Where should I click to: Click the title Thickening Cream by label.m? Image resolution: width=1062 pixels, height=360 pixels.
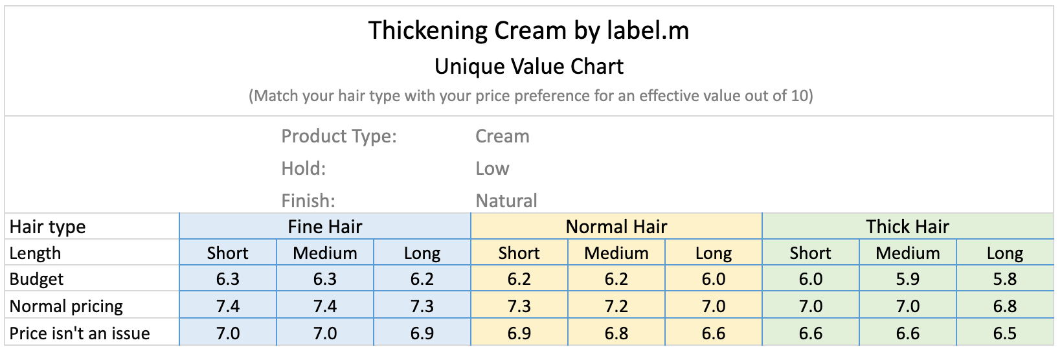[528, 31]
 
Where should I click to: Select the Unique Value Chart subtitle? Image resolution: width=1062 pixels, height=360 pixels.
[528, 67]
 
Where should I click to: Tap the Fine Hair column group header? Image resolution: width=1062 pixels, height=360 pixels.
[325, 227]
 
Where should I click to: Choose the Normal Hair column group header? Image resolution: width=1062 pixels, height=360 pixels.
[616, 227]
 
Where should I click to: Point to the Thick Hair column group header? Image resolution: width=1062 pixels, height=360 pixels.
[907, 227]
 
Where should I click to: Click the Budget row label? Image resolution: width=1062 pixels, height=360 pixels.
[36, 279]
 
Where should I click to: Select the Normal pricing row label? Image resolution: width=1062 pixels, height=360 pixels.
[66, 306]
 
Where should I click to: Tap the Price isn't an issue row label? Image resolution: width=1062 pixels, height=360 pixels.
[80, 333]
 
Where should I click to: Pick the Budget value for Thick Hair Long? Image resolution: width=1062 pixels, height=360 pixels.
[1004, 279]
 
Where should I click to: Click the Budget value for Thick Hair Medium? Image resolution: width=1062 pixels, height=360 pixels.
[907, 279]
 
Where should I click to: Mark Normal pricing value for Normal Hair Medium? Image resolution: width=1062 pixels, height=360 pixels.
[616, 306]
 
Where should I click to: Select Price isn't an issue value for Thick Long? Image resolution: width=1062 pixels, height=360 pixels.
[1004, 333]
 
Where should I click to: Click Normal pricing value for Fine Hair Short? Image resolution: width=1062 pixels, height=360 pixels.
[227, 306]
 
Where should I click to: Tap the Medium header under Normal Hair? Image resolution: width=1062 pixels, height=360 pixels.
[616, 253]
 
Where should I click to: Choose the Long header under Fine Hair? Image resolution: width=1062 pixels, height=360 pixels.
[422, 253]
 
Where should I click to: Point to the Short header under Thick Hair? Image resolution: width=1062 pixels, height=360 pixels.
[810, 253]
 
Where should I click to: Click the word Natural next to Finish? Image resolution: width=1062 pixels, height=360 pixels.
[506, 201]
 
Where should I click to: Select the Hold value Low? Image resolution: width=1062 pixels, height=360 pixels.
[492, 168]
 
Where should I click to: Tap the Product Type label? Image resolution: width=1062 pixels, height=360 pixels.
[339, 137]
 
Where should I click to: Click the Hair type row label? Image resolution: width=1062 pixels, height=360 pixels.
[47, 227]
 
